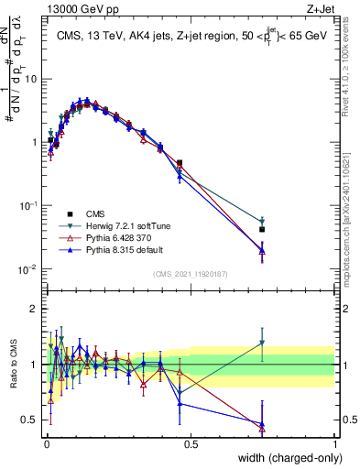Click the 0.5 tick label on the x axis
pos(191,445)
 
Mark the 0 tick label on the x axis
pos(47,445)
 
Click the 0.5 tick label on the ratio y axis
pos(31,420)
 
